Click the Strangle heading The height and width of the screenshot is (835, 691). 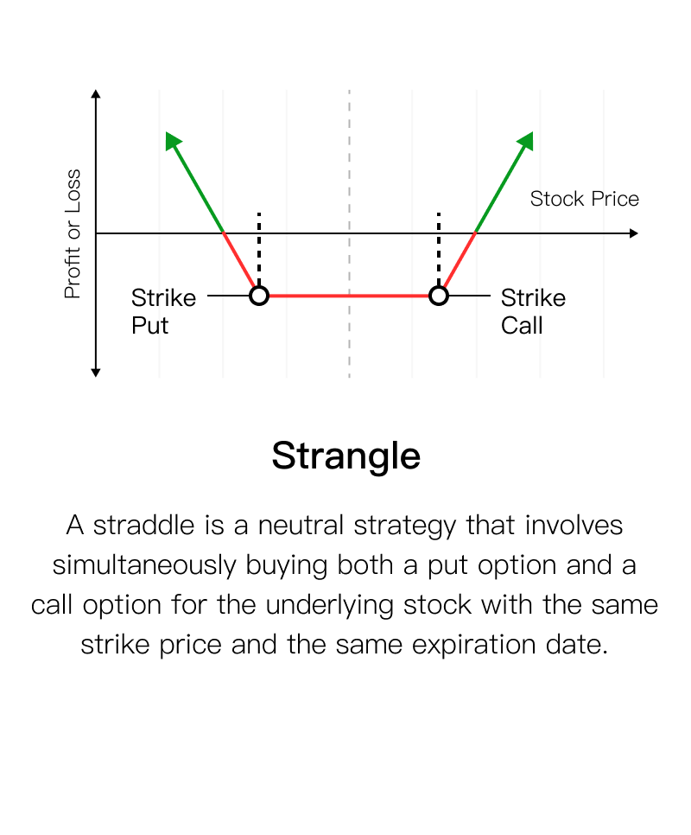(345, 456)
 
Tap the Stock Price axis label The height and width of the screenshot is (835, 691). (584, 199)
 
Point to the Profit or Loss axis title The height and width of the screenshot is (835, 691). (73, 233)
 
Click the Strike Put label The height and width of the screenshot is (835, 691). (163, 311)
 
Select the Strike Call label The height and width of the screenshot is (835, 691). (533, 311)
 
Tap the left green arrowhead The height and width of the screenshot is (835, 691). (173, 140)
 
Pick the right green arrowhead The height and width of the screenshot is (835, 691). (526, 140)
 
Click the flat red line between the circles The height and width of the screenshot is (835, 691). (349, 296)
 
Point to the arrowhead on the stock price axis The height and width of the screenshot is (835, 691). (633, 233)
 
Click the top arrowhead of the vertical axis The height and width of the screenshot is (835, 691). (96, 93)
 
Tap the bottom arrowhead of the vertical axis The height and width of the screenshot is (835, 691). (96, 373)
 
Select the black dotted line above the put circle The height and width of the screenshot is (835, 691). (259, 249)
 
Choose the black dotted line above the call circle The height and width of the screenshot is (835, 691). (438, 249)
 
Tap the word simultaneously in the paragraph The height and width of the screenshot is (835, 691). (144, 565)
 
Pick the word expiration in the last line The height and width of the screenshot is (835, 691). (474, 645)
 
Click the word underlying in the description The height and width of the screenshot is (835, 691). (329, 605)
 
